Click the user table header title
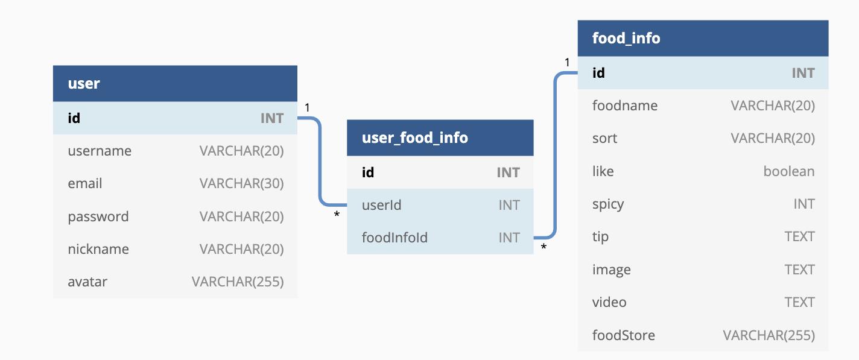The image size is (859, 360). (x=84, y=83)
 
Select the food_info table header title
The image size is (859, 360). (x=626, y=39)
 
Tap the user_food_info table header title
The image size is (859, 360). (x=415, y=137)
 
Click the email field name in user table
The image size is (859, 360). (x=85, y=183)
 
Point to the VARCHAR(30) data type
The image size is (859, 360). (x=241, y=183)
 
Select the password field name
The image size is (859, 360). (x=98, y=216)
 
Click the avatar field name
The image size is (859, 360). (x=87, y=282)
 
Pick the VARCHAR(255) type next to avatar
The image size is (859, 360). (x=238, y=282)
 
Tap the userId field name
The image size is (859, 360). (x=382, y=205)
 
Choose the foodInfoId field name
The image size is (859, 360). (x=395, y=238)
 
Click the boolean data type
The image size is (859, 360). (x=789, y=171)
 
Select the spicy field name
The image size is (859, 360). (x=608, y=204)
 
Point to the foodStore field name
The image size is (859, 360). (x=624, y=335)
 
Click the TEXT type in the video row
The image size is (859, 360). (x=800, y=302)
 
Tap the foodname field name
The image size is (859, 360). (x=625, y=106)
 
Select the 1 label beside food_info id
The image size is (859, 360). (x=567, y=63)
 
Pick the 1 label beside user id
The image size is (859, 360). (x=307, y=107)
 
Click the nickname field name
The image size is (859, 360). (x=98, y=249)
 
